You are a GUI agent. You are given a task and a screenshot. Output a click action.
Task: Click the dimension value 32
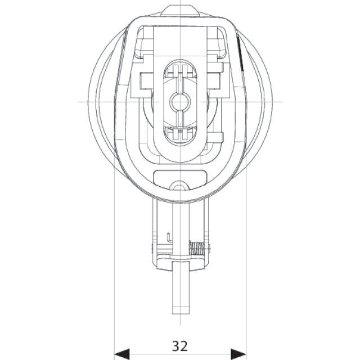point(180,344)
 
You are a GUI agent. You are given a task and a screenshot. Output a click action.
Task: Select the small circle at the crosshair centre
point(180,102)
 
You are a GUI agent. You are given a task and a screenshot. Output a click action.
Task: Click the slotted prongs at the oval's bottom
point(180,133)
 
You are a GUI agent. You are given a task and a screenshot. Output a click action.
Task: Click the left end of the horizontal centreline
point(78,102)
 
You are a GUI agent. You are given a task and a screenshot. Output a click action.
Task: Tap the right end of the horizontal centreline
point(281,102)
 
